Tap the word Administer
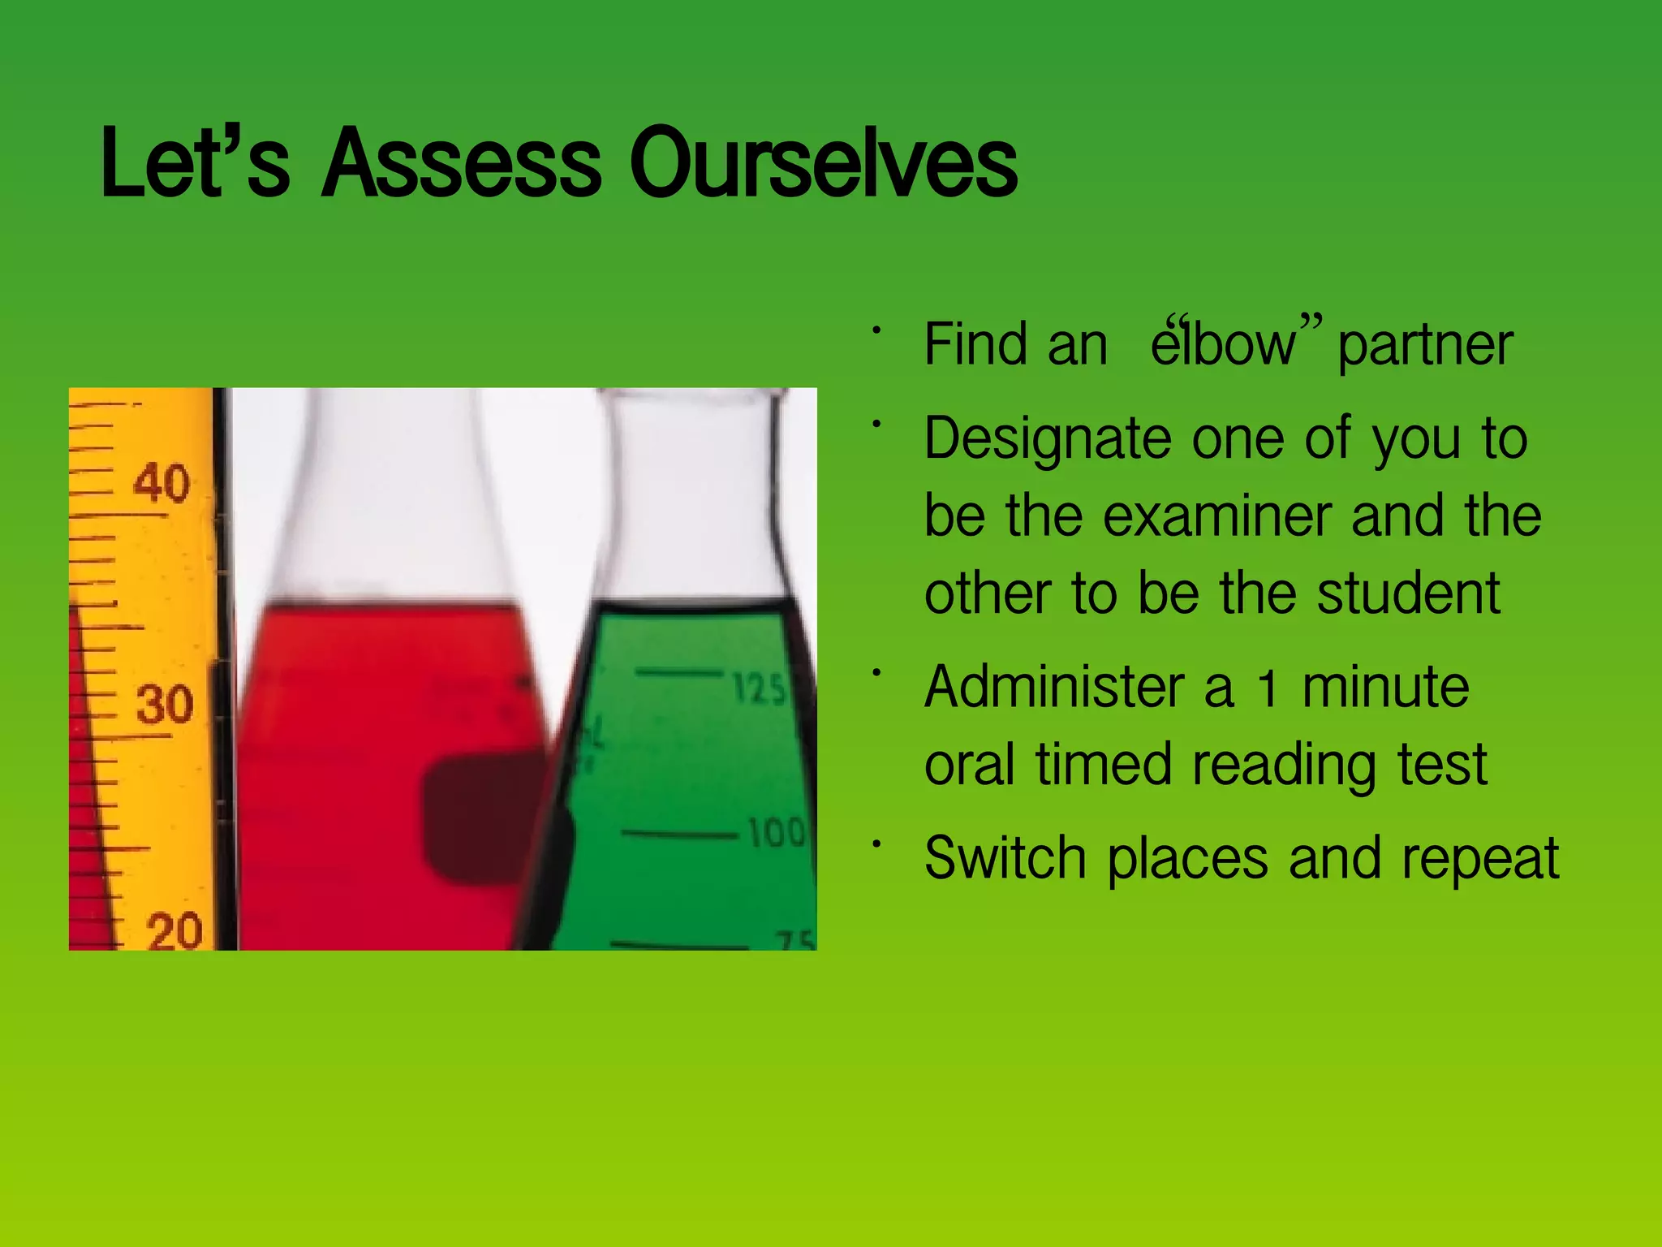pos(1054,687)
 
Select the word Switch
pos(1005,858)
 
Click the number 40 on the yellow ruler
pos(162,483)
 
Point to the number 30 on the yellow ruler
pos(165,704)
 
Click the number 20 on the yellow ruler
pos(174,930)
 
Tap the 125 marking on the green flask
pos(759,688)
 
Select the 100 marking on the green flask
pos(775,833)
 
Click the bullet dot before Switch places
pos(876,845)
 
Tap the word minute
pos(1385,687)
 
